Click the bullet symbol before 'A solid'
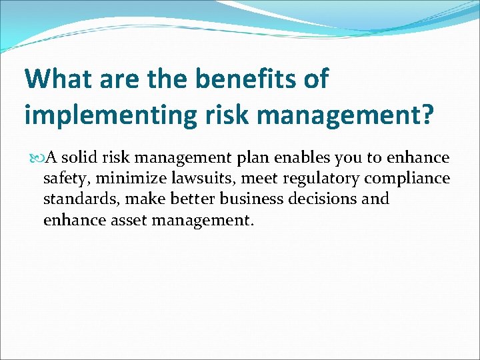[x=36, y=158]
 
